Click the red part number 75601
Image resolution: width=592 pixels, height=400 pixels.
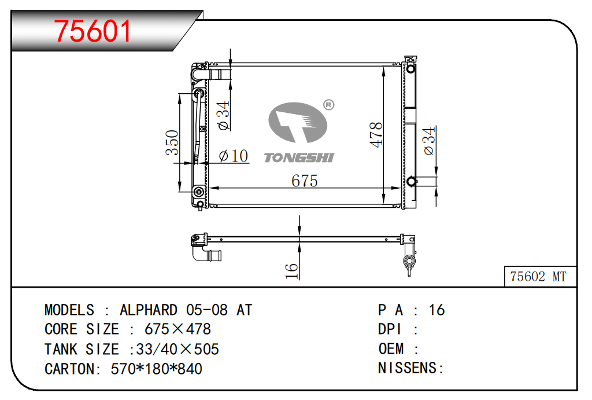tap(92, 31)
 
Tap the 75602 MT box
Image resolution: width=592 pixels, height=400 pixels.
tap(541, 276)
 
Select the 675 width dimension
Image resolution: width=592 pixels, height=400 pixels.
tap(304, 181)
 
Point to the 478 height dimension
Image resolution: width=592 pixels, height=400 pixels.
tap(376, 134)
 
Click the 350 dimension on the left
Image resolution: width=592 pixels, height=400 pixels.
tap(172, 142)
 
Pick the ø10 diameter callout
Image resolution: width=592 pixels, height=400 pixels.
tap(234, 156)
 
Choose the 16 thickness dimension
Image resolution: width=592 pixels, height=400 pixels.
tap(291, 271)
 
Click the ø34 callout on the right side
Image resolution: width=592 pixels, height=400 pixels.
tap(429, 141)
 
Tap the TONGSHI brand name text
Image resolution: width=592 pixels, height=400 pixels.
tap(299, 157)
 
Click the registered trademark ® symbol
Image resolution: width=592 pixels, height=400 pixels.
tap(328, 105)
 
